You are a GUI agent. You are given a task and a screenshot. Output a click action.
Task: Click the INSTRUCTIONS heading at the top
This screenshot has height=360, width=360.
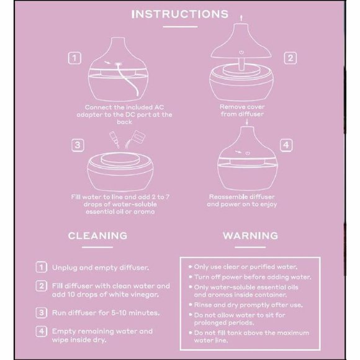pyautogui.click(x=180, y=14)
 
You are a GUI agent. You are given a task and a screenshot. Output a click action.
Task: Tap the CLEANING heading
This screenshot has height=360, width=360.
pyautogui.click(x=97, y=236)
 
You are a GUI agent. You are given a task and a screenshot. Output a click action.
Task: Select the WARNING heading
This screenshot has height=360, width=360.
pyautogui.click(x=250, y=236)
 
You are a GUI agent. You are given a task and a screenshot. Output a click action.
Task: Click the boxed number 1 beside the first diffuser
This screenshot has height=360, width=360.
pyautogui.click(x=74, y=58)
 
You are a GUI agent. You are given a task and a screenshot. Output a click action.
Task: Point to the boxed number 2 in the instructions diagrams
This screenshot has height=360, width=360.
pyautogui.click(x=290, y=58)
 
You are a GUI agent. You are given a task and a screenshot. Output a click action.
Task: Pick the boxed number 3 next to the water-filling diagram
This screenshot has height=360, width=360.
pyautogui.click(x=78, y=145)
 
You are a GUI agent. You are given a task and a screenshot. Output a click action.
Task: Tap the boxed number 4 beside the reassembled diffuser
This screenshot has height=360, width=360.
pyautogui.click(x=286, y=145)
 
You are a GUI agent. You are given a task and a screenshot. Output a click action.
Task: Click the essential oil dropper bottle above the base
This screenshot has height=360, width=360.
pyautogui.click(x=114, y=139)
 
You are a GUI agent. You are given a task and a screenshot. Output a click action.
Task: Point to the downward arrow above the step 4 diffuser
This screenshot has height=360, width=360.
pyautogui.click(x=247, y=122)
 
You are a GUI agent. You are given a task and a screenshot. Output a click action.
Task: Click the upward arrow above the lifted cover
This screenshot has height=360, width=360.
pyautogui.click(x=241, y=19)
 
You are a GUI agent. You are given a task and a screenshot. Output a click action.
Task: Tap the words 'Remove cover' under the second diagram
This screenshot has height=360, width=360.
pyautogui.click(x=242, y=107)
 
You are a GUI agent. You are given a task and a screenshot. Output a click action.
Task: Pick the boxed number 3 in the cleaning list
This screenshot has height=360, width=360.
pyautogui.click(x=42, y=313)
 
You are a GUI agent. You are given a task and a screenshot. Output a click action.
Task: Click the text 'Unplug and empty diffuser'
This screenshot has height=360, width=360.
pyautogui.click(x=101, y=268)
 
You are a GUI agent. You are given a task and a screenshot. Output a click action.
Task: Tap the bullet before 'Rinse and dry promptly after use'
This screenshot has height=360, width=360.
pyautogui.click(x=191, y=305)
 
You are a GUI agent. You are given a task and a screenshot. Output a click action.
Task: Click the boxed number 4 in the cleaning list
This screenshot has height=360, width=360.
pyautogui.click(x=42, y=331)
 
